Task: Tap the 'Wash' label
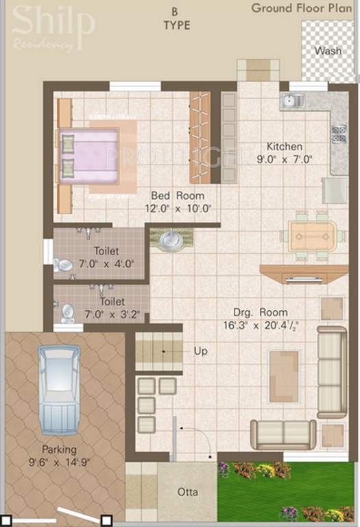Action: pos(327,51)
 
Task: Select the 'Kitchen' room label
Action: pos(285,147)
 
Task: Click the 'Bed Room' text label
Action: pos(177,196)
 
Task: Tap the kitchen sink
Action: pos(291,102)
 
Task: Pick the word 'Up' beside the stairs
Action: pos(201,351)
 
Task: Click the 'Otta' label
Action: pos(187,492)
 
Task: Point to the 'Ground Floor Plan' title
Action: pos(302,9)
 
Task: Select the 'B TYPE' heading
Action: pos(176,19)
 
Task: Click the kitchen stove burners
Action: pos(338,134)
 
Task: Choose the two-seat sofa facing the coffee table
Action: pos(283,434)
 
